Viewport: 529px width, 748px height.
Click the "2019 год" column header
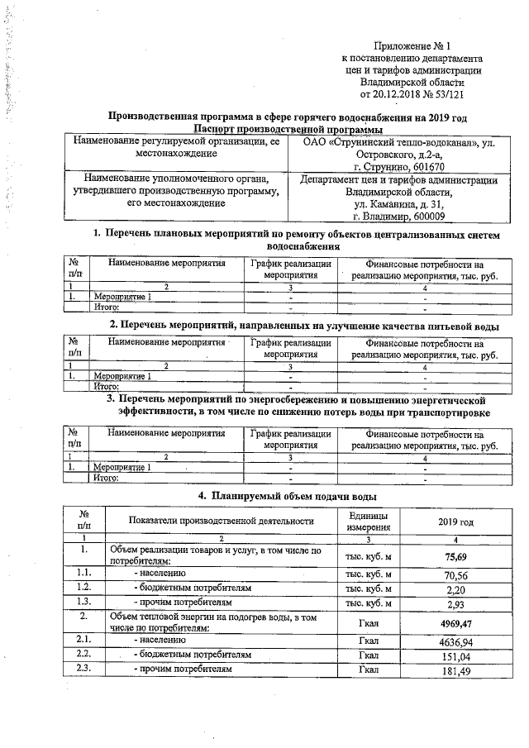pos(455,522)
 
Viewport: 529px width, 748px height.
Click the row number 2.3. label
pos(83,669)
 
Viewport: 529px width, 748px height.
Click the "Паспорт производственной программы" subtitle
pos(287,130)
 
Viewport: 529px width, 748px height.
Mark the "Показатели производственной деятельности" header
pos(222,522)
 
